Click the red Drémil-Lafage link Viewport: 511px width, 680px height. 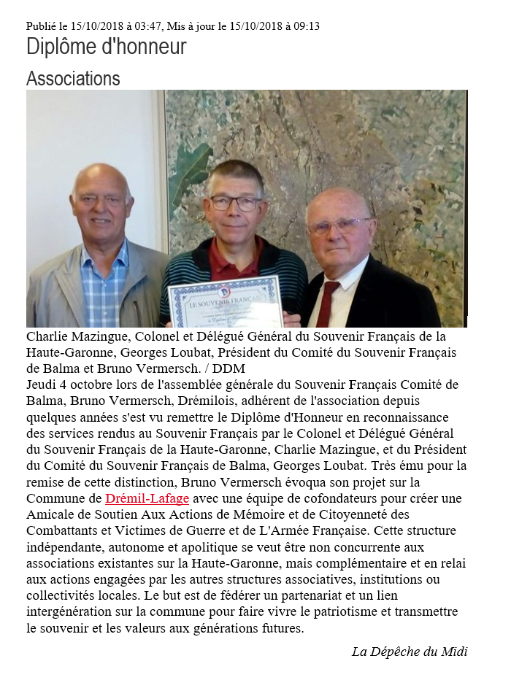click(x=147, y=498)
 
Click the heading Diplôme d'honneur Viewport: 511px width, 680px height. click(x=106, y=47)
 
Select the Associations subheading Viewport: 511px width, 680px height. click(x=73, y=78)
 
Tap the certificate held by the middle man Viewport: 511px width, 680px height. click(x=224, y=301)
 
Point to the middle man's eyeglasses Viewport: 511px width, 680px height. click(x=235, y=203)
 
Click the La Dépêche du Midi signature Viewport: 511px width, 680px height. click(x=409, y=652)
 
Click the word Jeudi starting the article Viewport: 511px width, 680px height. click(x=44, y=385)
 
